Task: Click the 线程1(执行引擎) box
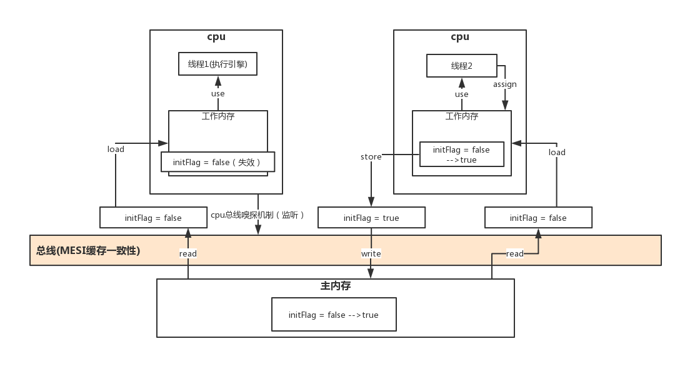tap(217, 64)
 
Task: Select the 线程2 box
tap(462, 66)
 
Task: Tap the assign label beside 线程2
tap(504, 84)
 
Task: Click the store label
tap(371, 156)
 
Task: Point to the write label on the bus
tap(371, 253)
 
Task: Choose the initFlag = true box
tap(371, 218)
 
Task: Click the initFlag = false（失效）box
tap(217, 162)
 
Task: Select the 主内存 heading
tap(336, 286)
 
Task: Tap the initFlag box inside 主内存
tap(334, 315)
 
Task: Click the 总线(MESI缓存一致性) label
tap(88, 251)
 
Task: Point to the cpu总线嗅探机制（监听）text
tap(258, 215)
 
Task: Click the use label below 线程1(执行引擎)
tap(217, 94)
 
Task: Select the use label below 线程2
tap(461, 94)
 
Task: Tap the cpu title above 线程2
tap(460, 37)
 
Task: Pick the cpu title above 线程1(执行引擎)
tap(216, 37)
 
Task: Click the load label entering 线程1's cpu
tap(116, 149)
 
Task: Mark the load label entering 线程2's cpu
tap(557, 152)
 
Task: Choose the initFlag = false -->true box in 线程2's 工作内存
tap(461, 155)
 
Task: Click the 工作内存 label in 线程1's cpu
tap(218, 116)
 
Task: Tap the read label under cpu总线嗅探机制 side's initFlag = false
tap(187, 253)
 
